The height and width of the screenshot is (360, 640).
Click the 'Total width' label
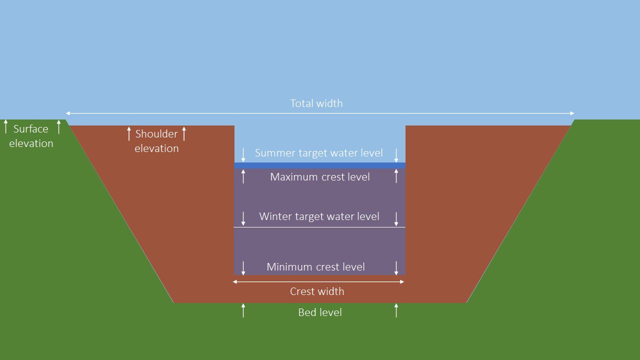[x=316, y=103]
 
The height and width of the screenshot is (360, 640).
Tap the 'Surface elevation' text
[x=31, y=136]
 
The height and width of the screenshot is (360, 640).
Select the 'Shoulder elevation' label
[x=156, y=141]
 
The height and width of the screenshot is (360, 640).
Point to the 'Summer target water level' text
[x=319, y=153]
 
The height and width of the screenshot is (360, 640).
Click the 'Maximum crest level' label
[x=320, y=177]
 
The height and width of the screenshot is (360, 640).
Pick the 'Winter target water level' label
[x=319, y=216]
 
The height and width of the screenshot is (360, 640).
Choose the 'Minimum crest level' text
[x=316, y=267]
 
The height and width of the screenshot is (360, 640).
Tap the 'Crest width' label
[x=317, y=291]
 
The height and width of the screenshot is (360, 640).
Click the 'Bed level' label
[x=320, y=312]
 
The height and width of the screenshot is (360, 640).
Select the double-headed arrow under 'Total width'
[x=320, y=113]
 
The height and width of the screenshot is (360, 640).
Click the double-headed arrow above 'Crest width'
[x=318, y=282]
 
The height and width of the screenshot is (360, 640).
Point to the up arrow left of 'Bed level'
[x=243, y=310]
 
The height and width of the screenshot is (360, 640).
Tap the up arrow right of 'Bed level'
[x=396, y=310]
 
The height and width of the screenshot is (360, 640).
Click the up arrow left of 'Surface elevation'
[x=6, y=126]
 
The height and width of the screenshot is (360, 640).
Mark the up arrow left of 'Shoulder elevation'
[x=129, y=133]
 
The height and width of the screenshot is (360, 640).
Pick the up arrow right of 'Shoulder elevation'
[x=184, y=133]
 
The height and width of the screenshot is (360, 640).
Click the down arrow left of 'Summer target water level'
[x=243, y=154]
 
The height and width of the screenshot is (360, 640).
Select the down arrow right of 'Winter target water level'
[x=396, y=218]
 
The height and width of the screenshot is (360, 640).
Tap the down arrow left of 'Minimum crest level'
[x=243, y=268]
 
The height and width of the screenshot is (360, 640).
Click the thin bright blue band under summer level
[x=320, y=165]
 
